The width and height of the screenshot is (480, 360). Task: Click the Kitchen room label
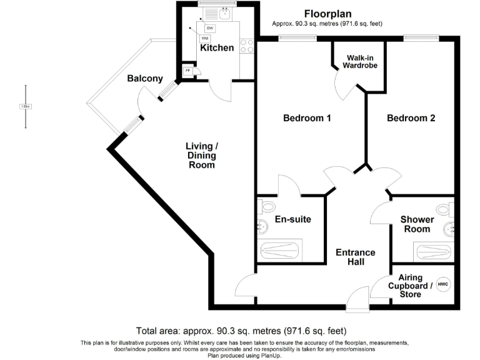tap(217, 48)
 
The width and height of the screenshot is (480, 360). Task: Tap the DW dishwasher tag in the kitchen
tap(210, 29)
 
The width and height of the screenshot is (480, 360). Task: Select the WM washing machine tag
tap(205, 38)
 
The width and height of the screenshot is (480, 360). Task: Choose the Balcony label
tap(145, 79)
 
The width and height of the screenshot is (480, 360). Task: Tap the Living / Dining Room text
tap(201, 156)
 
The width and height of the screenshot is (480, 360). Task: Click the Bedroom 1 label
tap(307, 118)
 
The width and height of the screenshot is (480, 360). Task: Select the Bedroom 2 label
tap(411, 118)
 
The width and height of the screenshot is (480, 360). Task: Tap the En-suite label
tap(293, 219)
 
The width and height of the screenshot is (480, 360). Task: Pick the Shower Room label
tap(417, 224)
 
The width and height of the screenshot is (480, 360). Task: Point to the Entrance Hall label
tap(356, 257)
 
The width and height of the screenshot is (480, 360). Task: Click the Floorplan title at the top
tap(327, 13)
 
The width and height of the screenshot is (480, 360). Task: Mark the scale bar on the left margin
tap(26, 106)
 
